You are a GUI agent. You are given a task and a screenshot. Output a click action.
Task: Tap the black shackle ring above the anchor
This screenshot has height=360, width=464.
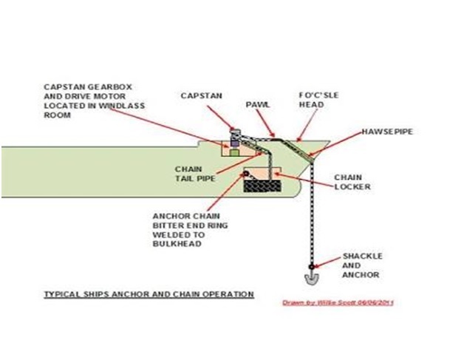[313, 265]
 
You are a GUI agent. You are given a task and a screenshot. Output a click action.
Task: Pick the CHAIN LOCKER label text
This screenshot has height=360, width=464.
[352, 182]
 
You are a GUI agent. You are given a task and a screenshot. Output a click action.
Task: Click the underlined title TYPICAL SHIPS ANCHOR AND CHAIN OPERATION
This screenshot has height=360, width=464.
[147, 294]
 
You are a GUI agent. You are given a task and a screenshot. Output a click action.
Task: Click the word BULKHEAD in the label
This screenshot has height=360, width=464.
[175, 243]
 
